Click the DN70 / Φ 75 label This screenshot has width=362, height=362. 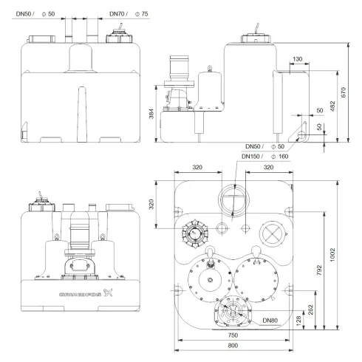coord(129,13)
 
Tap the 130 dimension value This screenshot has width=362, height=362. coord(298,59)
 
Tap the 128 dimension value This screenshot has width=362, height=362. coord(306,319)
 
